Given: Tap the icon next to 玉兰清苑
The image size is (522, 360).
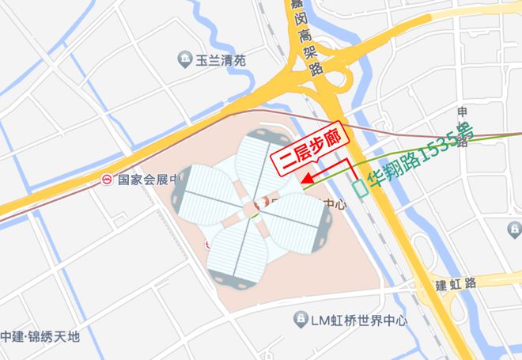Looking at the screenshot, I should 184,59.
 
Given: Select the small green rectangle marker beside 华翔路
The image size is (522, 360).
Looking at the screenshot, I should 361,188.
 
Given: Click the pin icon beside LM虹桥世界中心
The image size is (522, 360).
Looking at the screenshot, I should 300,319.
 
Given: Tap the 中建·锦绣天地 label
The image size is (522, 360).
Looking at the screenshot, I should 40,336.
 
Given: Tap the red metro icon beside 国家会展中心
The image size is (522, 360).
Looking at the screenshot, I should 107,180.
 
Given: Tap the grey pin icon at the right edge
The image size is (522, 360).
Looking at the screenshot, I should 514,229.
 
